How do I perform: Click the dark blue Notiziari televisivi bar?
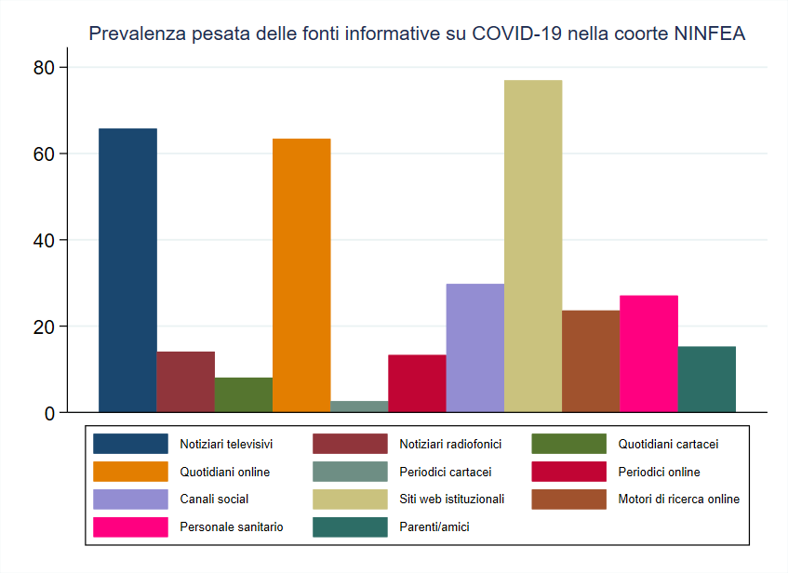point(127,270)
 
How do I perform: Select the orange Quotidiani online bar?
point(301,275)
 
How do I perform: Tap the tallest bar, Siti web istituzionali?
point(533,246)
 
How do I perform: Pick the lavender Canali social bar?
point(474,348)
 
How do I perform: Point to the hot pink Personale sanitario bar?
point(648,353)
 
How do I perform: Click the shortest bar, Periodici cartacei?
point(359,406)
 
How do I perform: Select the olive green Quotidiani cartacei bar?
point(244,395)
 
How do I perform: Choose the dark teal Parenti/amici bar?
point(706,380)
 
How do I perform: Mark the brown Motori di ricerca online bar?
point(591,361)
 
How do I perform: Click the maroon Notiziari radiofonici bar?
point(185,381)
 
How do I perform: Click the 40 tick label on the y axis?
point(45,240)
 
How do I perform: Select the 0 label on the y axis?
point(50,413)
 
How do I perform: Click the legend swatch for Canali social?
point(130,500)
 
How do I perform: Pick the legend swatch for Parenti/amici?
point(350,526)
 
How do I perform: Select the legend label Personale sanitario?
point(232,526)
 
